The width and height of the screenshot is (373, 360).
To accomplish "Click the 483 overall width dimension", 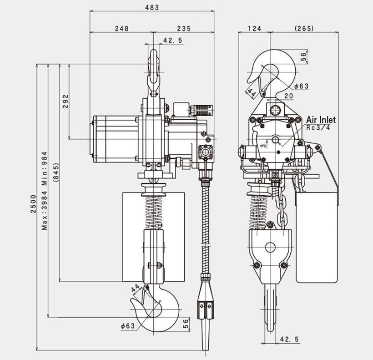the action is click(152, 7).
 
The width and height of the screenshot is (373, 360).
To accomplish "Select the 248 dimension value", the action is click(122, 29).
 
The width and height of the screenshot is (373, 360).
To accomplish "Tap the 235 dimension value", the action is click(184, 29).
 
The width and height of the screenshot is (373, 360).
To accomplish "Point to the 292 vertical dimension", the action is click(66, 101).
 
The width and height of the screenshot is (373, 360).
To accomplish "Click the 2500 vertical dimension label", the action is click(33, 204).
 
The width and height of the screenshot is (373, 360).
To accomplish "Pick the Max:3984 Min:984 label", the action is click(45, 191).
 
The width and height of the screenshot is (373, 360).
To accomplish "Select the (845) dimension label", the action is click(56, 172).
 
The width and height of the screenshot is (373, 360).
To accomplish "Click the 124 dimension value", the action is click(255, 29).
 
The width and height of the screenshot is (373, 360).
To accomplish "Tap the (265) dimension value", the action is click(304, 29).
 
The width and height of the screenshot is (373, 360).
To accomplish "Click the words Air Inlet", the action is click(321, 120).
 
